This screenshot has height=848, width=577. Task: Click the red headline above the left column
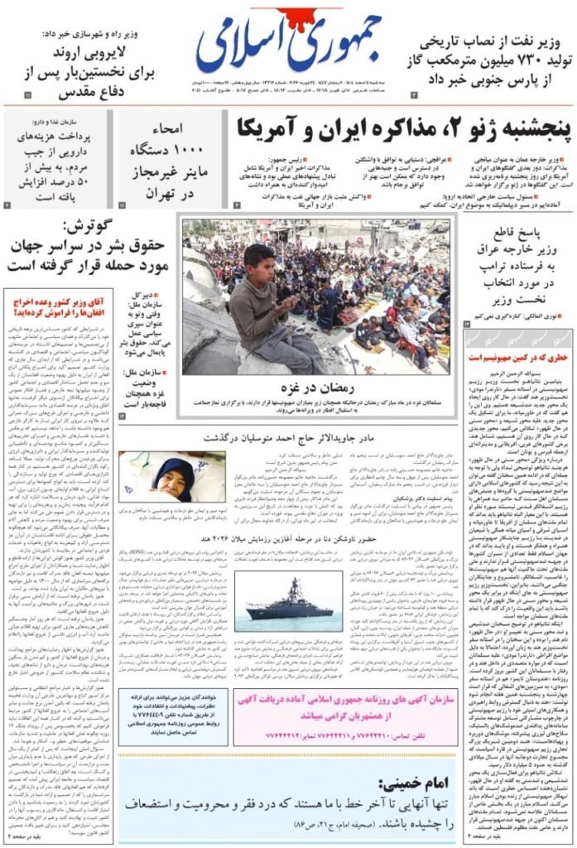pyautogui.click(x=58, y=307)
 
